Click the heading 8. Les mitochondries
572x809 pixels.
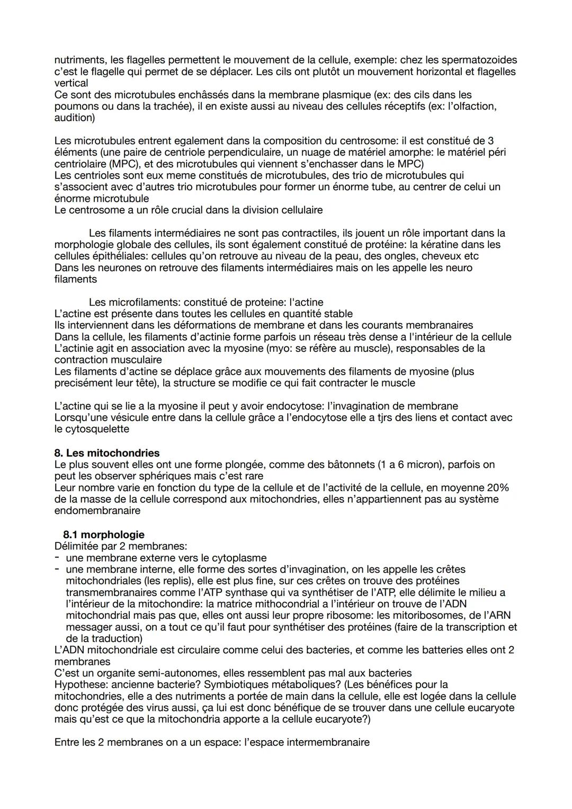106,453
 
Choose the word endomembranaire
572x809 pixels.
97,511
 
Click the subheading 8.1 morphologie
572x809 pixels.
103,535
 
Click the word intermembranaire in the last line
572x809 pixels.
328,742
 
